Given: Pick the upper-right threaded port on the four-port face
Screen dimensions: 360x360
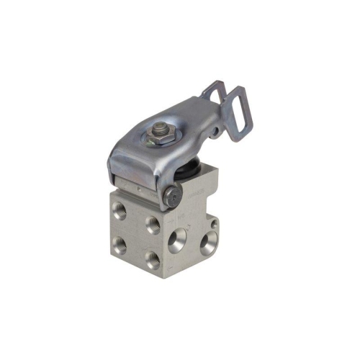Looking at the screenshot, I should pos(153,225).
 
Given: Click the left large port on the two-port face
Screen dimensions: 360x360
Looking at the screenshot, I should pos(178,240).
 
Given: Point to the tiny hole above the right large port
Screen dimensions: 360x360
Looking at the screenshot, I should pos(215,224).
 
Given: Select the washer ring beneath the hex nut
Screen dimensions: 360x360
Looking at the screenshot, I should pos(160,138).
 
